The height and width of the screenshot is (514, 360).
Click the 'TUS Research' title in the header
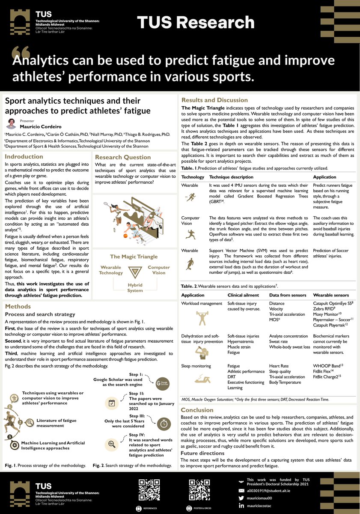click(x=196, y=22)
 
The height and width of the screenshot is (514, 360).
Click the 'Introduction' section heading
click(x=24, y=157)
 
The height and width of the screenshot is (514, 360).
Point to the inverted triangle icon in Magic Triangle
click(x=135, y=272)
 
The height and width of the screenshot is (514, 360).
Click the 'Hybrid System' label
click(x=135, y=287)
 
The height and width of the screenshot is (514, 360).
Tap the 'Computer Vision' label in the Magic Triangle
click(x=159, y=270)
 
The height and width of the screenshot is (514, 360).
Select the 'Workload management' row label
click(x=202, y=303)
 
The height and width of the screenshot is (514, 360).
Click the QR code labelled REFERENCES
click(x=146, y=488)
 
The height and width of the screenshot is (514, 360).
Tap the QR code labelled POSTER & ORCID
click(x=196, y=488)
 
